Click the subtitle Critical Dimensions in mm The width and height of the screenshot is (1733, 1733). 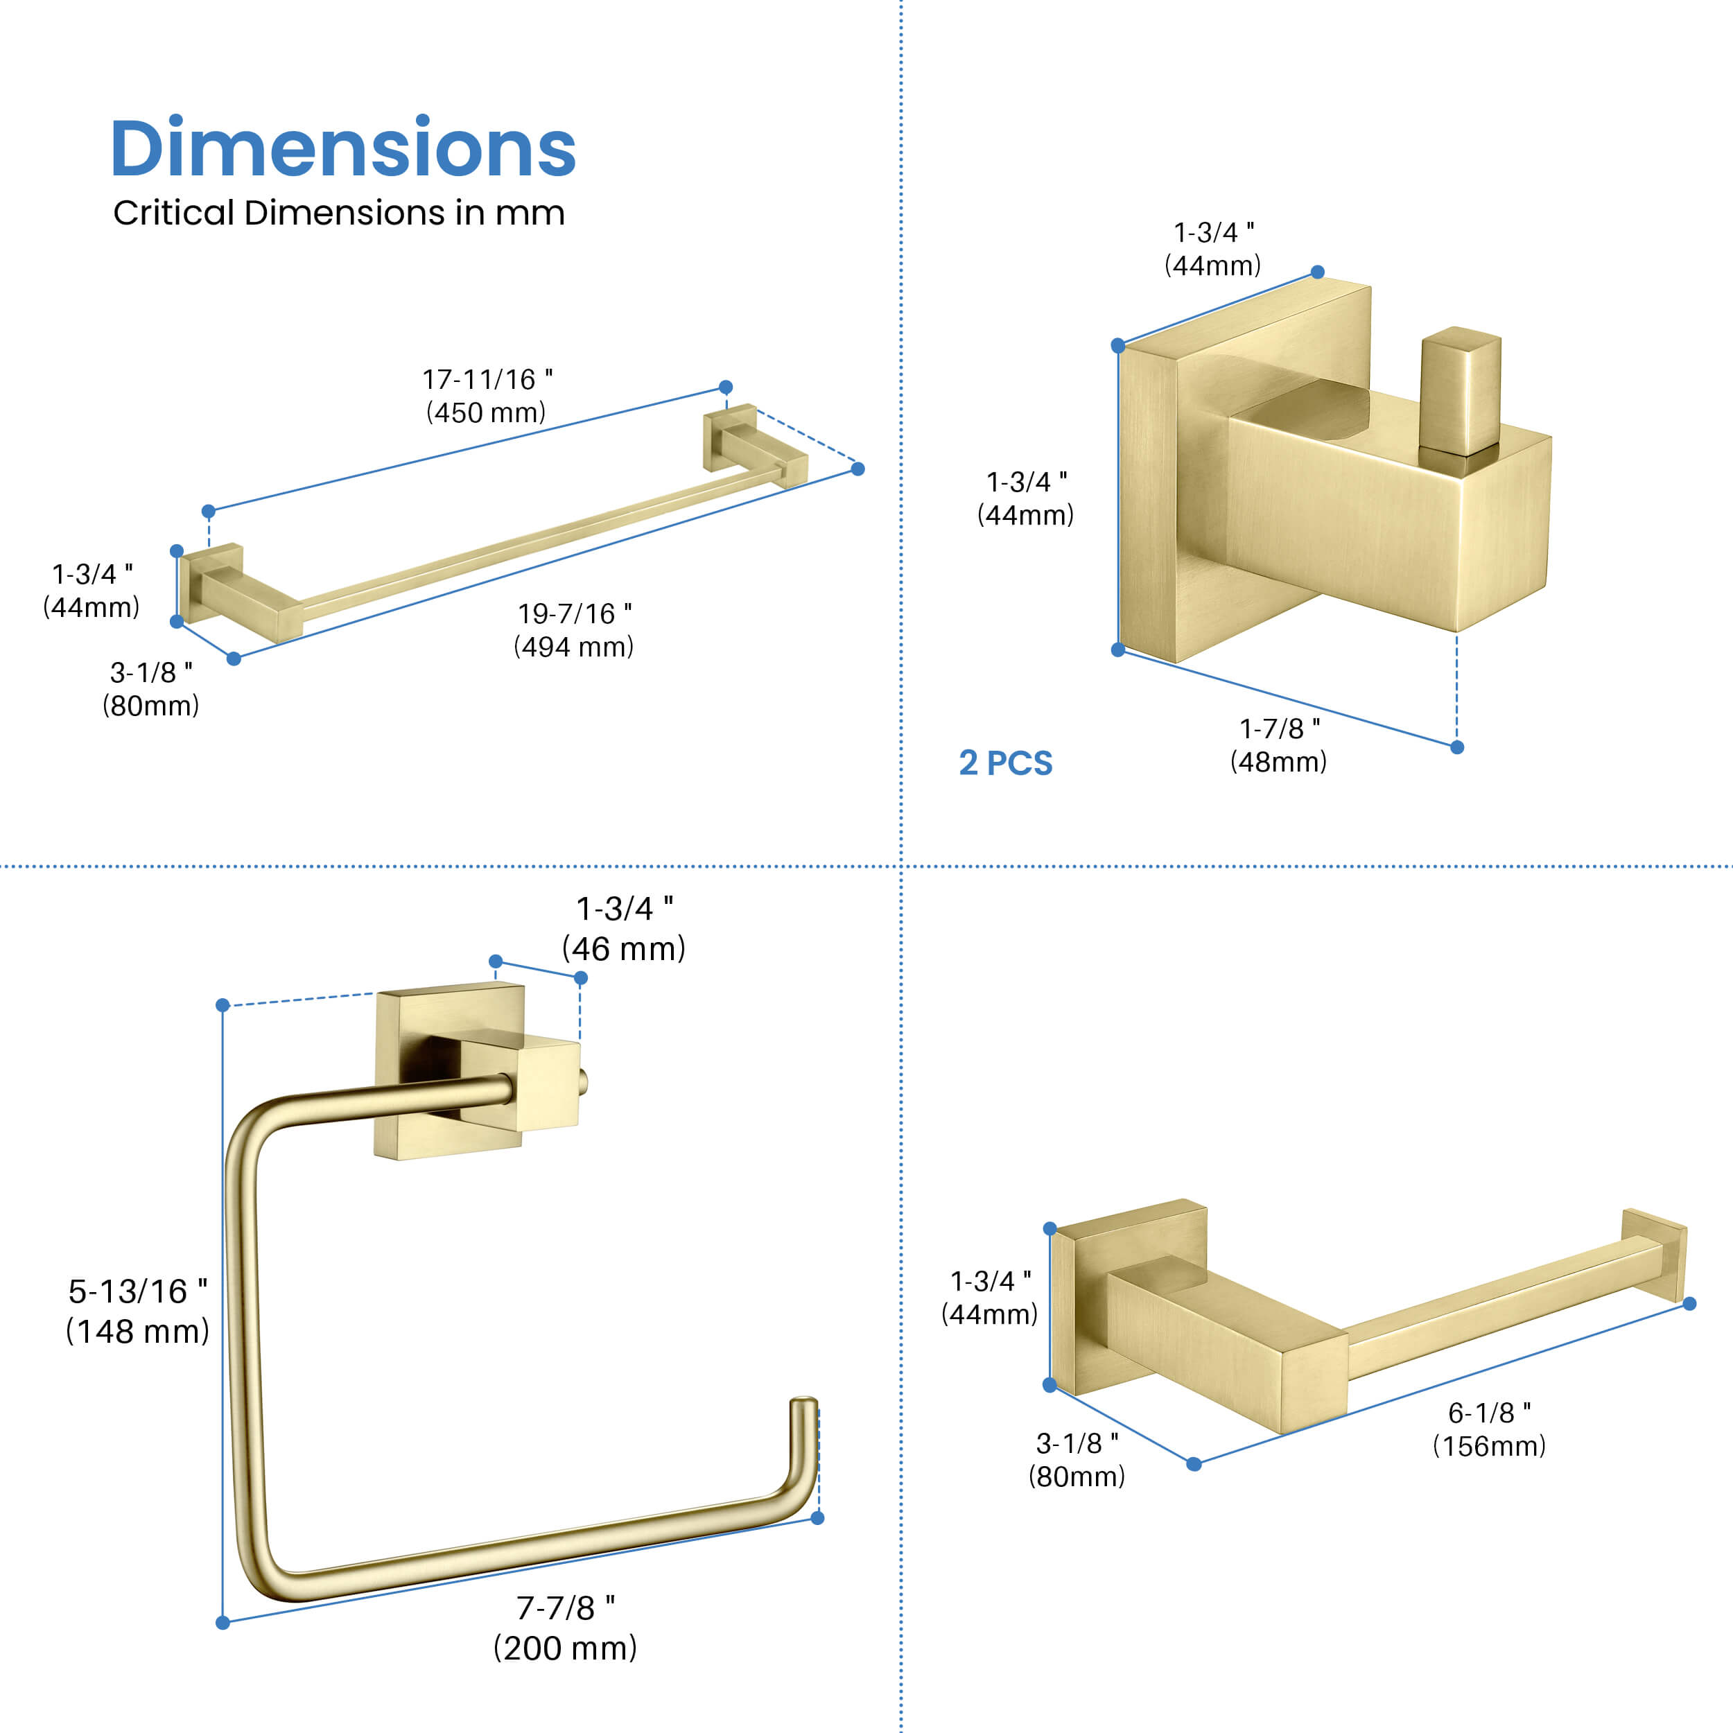tap(338, 214)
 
